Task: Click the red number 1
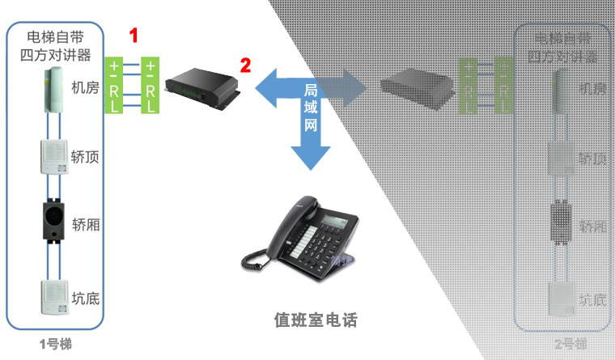coord(134,36)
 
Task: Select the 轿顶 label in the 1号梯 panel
coord(86,157)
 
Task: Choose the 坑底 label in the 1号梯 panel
coord(86,299)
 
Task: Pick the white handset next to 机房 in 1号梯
coord(54,90)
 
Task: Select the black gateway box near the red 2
coord(201,83)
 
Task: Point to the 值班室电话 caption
coord(315,320)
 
